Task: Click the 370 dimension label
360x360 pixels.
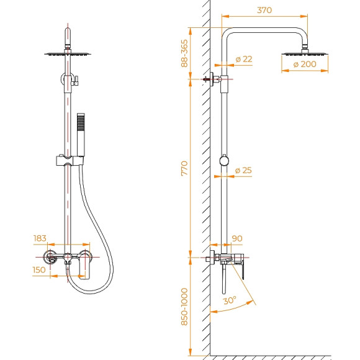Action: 265,10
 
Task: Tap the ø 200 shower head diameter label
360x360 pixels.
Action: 305,63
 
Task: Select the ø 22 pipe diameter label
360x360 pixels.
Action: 243,59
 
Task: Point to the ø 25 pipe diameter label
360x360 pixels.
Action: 243,170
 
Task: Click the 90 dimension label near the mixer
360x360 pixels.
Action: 236,238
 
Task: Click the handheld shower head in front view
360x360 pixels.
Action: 79,133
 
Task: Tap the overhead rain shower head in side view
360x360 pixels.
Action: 305,54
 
